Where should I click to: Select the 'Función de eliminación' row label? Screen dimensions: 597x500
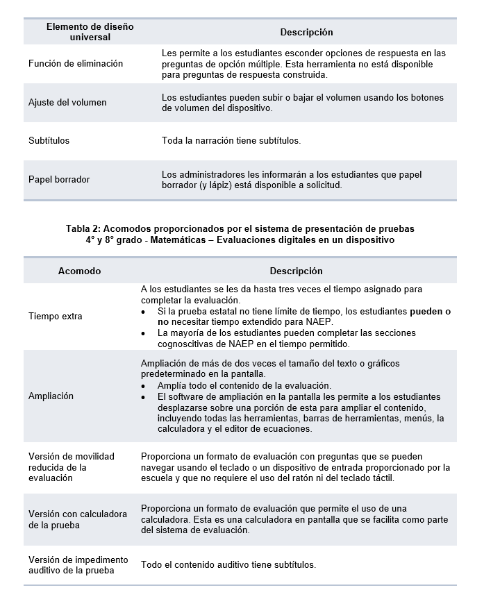pos(76,63)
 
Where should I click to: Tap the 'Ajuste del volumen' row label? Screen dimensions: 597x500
pos(67,102)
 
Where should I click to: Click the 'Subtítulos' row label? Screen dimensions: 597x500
pos(49,140)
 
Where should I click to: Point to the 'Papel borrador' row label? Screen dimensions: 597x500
pos(59,179)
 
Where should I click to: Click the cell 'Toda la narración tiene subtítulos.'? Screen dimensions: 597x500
pos(231,140)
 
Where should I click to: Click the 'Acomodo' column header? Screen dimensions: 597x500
pos(79,271)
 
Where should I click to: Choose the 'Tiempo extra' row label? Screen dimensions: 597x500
pos(56,317)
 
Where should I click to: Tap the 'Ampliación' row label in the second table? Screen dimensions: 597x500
pos(51,396)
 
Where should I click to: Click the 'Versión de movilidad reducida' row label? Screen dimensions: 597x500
pos(72,466)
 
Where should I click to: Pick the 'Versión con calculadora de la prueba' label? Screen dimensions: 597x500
pos(78,519)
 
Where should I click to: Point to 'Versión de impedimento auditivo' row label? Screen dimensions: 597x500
pos(78,565)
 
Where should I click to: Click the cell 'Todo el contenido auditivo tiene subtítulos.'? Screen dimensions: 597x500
pos(228,564)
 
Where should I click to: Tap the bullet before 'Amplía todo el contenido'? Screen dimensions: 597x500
pos(143,386)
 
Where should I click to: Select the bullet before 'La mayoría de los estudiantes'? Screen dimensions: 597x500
pos(143,333)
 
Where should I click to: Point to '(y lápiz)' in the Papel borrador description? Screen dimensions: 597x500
pos(217,185)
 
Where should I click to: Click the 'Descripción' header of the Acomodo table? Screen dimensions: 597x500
pos(296,271)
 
